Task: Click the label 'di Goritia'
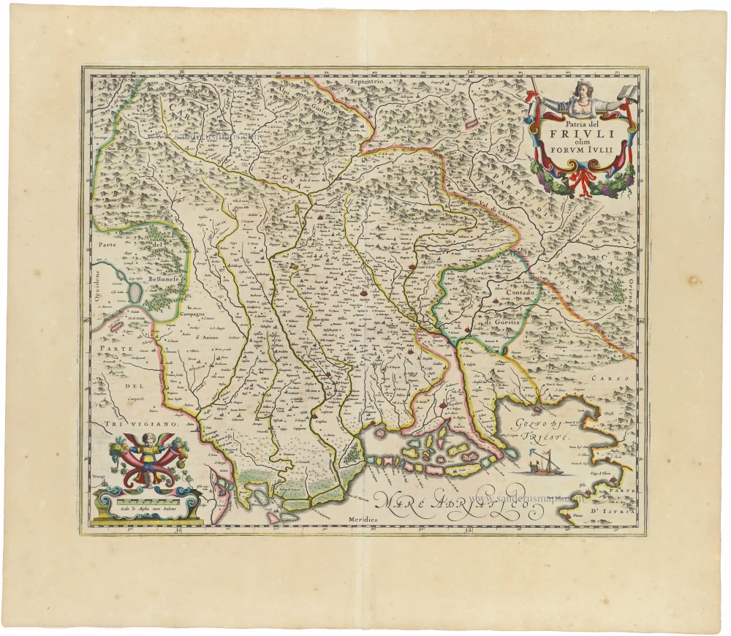pos(501,321)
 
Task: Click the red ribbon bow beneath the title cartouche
pos(580,179)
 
